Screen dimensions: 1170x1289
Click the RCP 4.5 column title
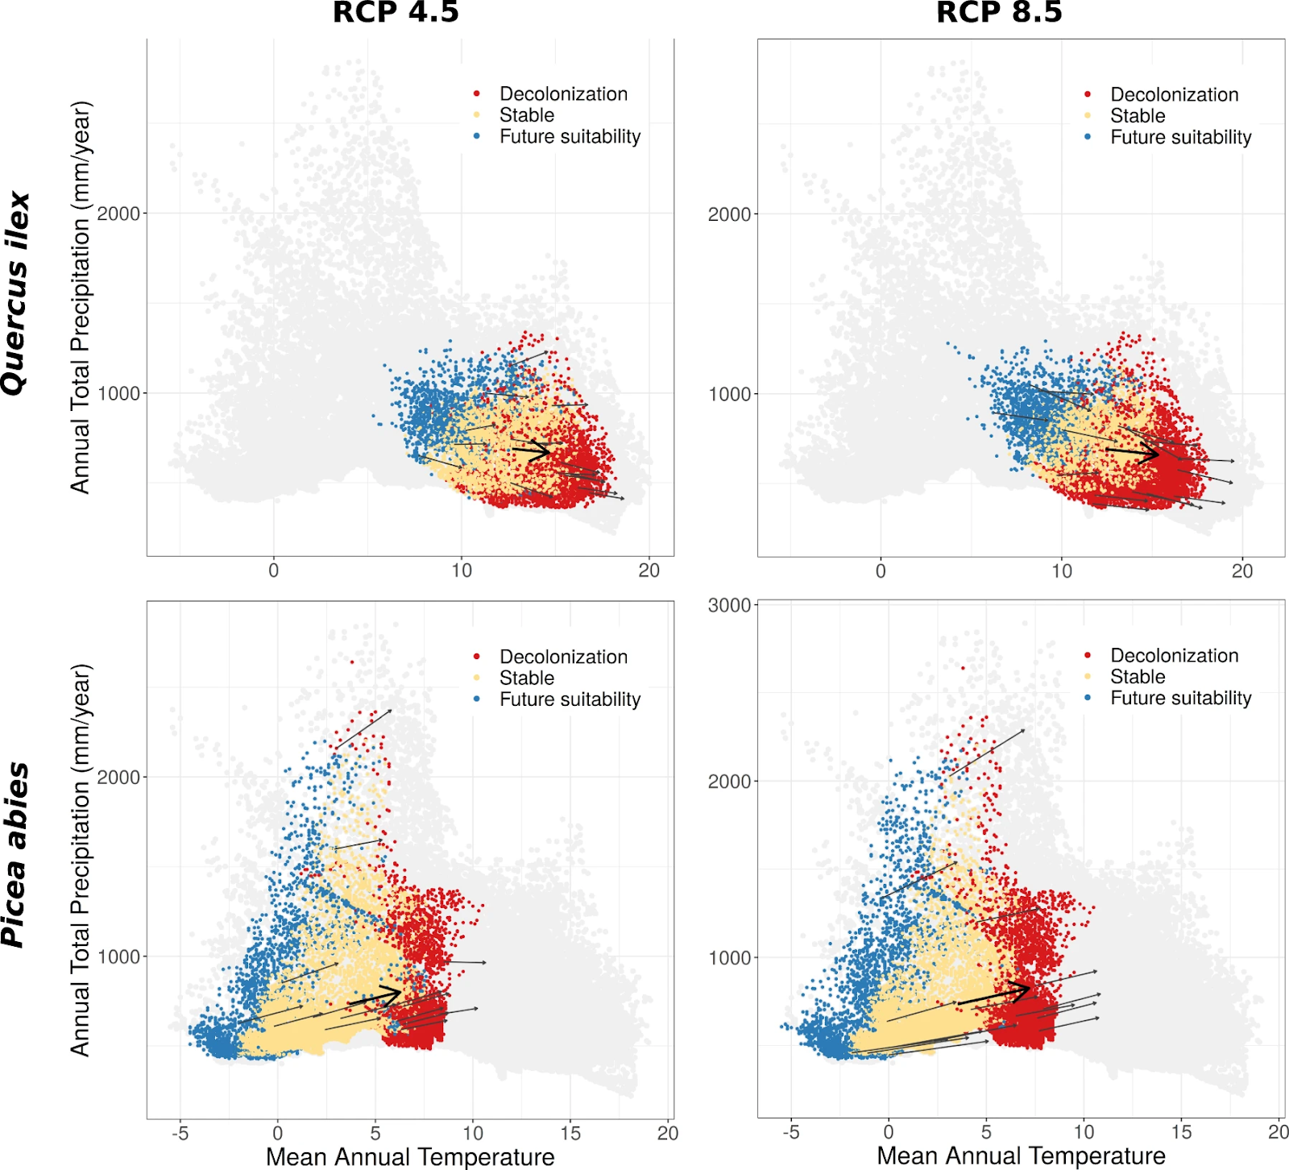[x=396, y=13]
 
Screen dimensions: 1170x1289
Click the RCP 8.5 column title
[x=999, y=13]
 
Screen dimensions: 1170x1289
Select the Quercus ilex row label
[x=16, y=293]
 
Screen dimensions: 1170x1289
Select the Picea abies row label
[x=16, y=854]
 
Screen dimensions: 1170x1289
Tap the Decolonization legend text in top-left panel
[x=563, y=94]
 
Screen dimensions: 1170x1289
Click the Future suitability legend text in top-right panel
[x=1180, y=138]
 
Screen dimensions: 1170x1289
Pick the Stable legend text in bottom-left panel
[x=527, y=678]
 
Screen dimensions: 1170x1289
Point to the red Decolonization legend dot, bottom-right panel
[x=1088, y=656]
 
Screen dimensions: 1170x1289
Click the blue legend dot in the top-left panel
[x=477, y=136]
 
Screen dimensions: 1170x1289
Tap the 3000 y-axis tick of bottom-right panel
[x=729, y=606]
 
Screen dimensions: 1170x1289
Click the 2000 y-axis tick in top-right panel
[x=729, y=214]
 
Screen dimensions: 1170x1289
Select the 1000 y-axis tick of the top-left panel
[x=118, y=393]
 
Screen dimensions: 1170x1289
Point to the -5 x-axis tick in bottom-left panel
[x=180, y=1133]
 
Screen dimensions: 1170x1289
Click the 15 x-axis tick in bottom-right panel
[x=1181, y=1131]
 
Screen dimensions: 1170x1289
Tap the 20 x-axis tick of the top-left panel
[x=649, y=570]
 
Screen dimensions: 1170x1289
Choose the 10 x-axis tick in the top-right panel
[x=1062, y=571]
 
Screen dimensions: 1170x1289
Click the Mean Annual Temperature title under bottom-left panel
[x=410, y=1157]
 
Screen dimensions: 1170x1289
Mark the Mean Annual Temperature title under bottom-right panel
[x=1021, y=1156]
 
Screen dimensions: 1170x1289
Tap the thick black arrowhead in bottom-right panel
[x=1025, y=989]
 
